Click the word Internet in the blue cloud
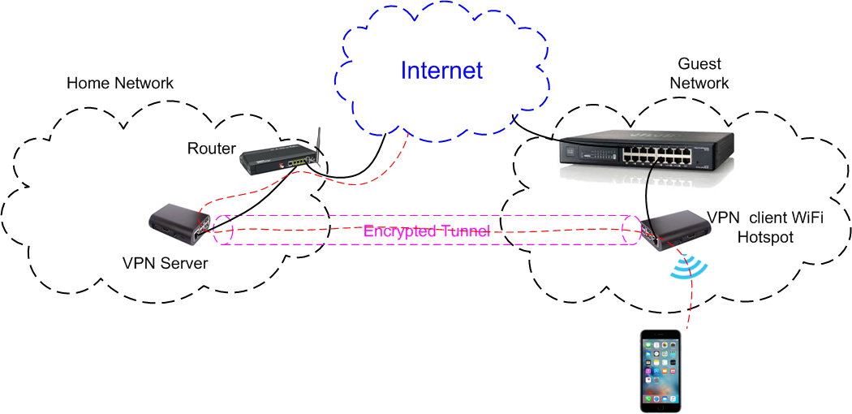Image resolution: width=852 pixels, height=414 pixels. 441,71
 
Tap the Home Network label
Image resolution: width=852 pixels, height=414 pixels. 120,83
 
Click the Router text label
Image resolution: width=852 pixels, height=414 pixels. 212,149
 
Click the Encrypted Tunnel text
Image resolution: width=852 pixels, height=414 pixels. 427,231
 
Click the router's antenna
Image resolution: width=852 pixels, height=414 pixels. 318,143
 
